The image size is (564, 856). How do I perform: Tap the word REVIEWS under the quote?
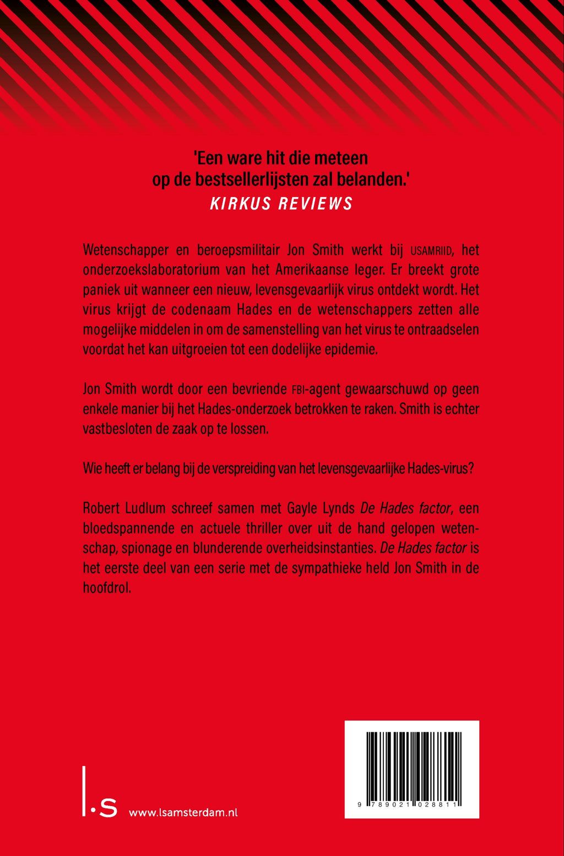click(315, 204)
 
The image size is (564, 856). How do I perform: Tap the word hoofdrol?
click(106, 588)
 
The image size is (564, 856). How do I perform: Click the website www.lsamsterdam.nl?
click(183, 812)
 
